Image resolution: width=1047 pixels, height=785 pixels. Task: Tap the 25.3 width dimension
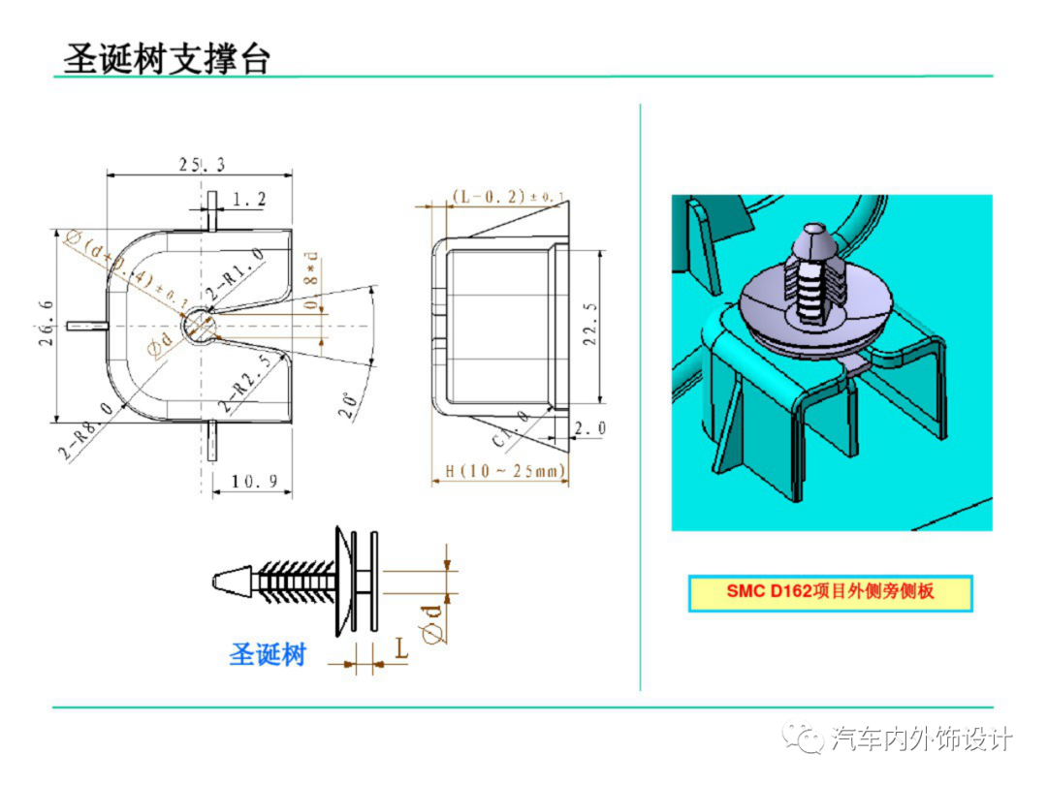pos(202,165)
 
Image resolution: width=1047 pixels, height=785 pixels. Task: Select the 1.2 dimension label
pos(249,200)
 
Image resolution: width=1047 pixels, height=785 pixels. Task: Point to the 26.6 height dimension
pos(43,326)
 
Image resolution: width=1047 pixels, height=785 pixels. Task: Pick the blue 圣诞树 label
pos(268,654)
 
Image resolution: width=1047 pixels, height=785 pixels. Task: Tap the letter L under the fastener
pos(400,647)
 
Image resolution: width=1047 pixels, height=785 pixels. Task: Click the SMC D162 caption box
pos(830,591)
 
